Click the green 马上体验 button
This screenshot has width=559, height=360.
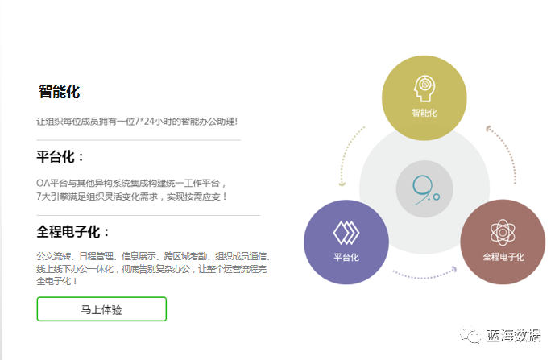click(101, 309)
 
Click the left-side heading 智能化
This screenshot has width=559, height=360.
click(60, 92)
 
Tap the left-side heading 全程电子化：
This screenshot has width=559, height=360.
click(73, 232)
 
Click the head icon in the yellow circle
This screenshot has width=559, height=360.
click(424, 88)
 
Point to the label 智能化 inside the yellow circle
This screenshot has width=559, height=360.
click(424, 113)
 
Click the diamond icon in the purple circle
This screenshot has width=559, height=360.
click(346, 233)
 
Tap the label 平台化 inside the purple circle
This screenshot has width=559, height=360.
click(346, 258)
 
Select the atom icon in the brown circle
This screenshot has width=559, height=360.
click(503, 233)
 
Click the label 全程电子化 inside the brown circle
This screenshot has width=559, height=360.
click(503, 258)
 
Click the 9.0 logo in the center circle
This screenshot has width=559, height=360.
click(424, 188)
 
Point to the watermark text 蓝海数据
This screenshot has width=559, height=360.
click(514, 336)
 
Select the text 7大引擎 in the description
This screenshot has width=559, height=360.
click(54, 196)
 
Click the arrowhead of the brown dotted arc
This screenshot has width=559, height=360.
click(488, 127)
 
